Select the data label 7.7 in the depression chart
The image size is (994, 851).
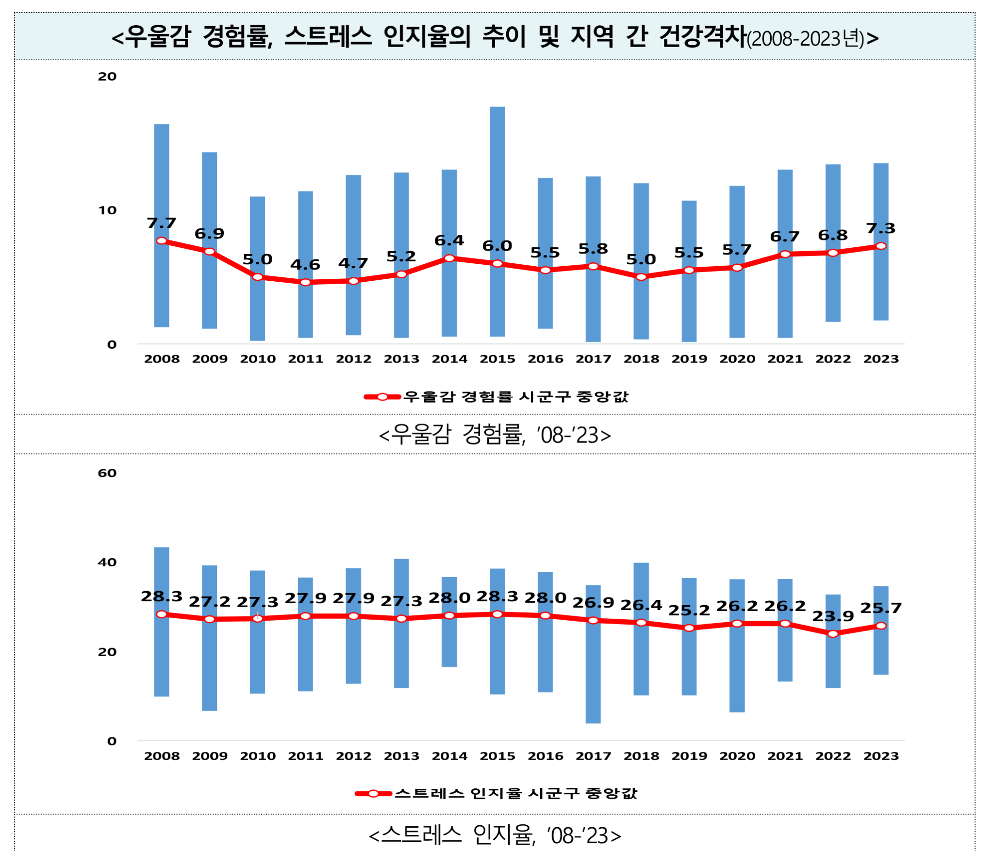[161, 223]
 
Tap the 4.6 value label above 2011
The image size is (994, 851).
[305, 265]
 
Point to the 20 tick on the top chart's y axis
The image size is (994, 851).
[107, 76]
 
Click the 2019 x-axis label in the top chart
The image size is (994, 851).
[689, 359]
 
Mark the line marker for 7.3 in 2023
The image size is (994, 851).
[881, 246]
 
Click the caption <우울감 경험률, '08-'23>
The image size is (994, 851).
[495, 434]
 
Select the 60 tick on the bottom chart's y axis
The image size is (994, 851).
[107, 473]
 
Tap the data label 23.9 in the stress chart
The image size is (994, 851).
[833, 616]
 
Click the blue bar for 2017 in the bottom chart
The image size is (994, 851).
[593, 680]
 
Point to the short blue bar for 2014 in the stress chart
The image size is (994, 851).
[449, 646]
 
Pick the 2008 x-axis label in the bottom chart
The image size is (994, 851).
[162, 756]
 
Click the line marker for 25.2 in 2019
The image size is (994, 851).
[689, 628]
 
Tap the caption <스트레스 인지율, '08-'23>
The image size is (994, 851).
[495, 835]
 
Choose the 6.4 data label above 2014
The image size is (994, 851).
[449, 240]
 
